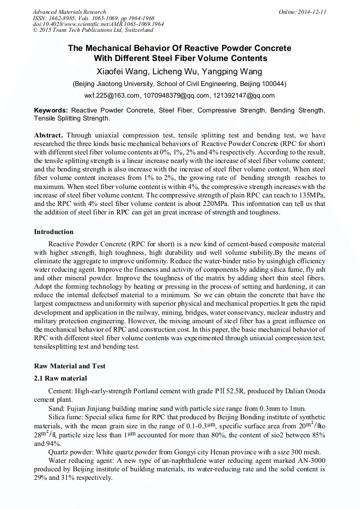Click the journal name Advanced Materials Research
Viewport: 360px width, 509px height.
69,12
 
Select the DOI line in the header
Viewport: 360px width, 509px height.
98,24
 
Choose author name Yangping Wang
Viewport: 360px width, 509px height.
233,71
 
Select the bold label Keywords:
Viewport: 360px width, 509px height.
51,110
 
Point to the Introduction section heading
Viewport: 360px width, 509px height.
54,232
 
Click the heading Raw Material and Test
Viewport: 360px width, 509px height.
70,366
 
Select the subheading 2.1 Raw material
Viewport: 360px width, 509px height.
60,378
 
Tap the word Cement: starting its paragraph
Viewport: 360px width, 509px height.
61,391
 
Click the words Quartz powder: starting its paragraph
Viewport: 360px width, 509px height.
71,452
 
